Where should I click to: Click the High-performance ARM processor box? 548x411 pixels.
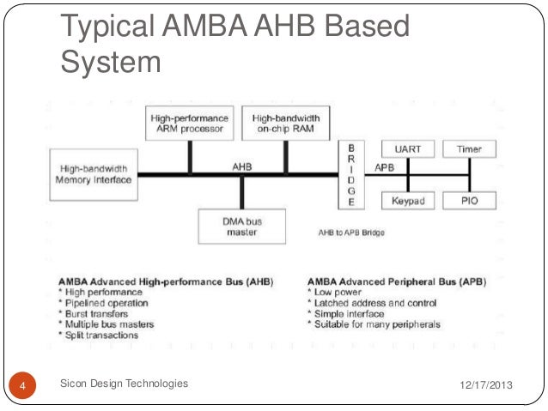coord(189,123)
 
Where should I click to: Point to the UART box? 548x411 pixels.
coord(408,149)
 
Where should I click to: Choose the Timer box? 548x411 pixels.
coord(469,149)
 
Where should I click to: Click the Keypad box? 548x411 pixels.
coord(408,200)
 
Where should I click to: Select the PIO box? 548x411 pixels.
coord(469,200)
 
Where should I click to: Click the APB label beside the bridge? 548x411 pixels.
coord(384,166)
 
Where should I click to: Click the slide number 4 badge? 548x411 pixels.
coord(23,384)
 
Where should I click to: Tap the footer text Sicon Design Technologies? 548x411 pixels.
coord(125,384)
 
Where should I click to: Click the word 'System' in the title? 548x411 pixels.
coord(112,61)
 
